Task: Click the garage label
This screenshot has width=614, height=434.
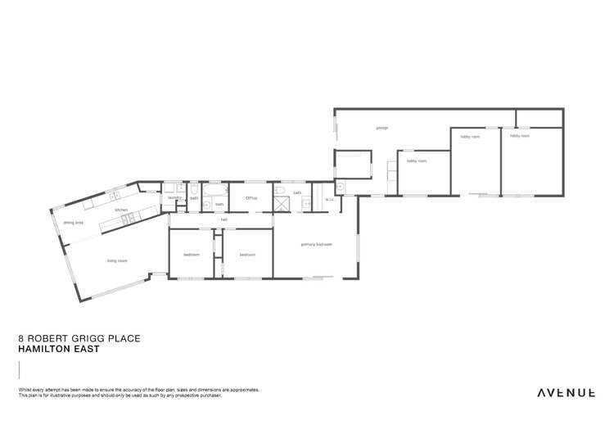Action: click(381, 128)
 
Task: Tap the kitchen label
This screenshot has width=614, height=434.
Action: click(121, 210)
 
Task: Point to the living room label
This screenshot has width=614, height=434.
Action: click(117, 261)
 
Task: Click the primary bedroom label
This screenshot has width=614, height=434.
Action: click(316, 244)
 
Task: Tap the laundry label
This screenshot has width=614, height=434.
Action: click(174, 197)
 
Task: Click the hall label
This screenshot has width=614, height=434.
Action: click(223, 219)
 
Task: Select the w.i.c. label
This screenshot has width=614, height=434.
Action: click(328, 199)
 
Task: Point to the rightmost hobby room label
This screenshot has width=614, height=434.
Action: click(519, 136)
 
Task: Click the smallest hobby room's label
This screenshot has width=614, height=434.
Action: click(417, 160)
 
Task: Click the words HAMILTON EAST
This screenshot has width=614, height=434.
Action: click(58, 349)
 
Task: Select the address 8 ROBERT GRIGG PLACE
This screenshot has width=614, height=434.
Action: click(79, 337)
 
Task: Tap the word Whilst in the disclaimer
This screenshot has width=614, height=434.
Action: click(24, 389)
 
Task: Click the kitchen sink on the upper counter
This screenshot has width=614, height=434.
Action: click(115, 197)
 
